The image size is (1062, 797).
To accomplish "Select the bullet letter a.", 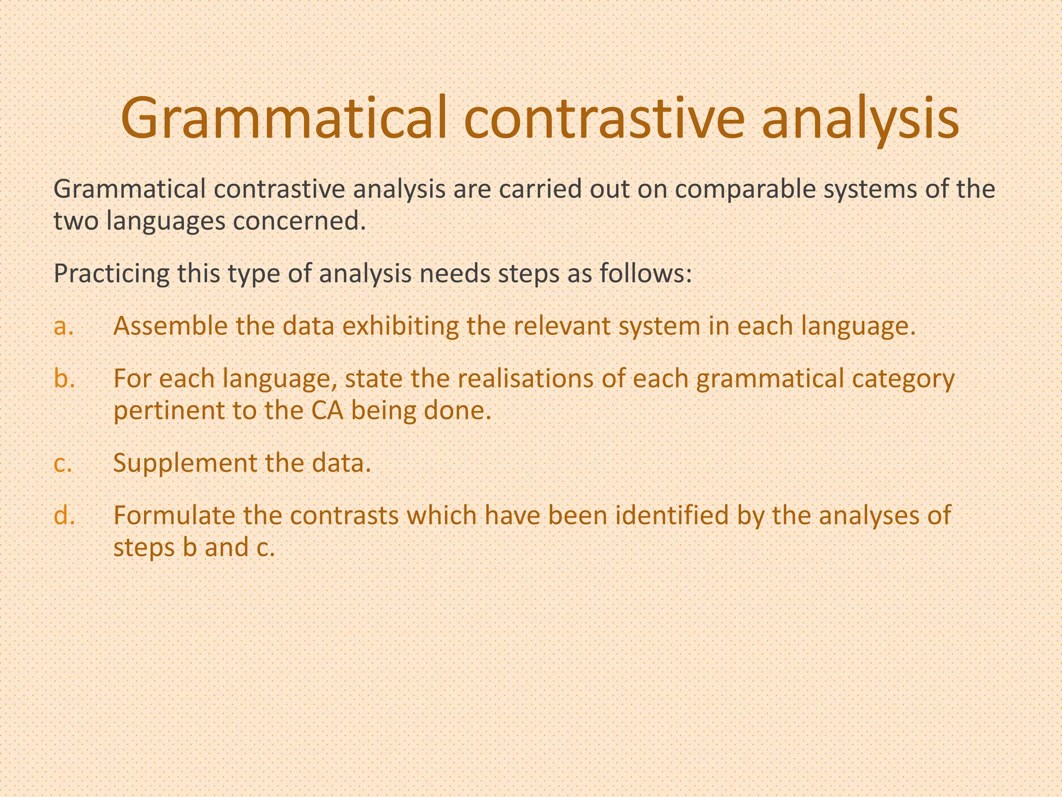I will [63, 327].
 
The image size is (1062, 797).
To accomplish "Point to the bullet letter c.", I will [63, 463].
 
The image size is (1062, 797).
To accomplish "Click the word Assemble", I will [170, 327].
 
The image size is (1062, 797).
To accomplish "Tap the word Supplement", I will [184, 463].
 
